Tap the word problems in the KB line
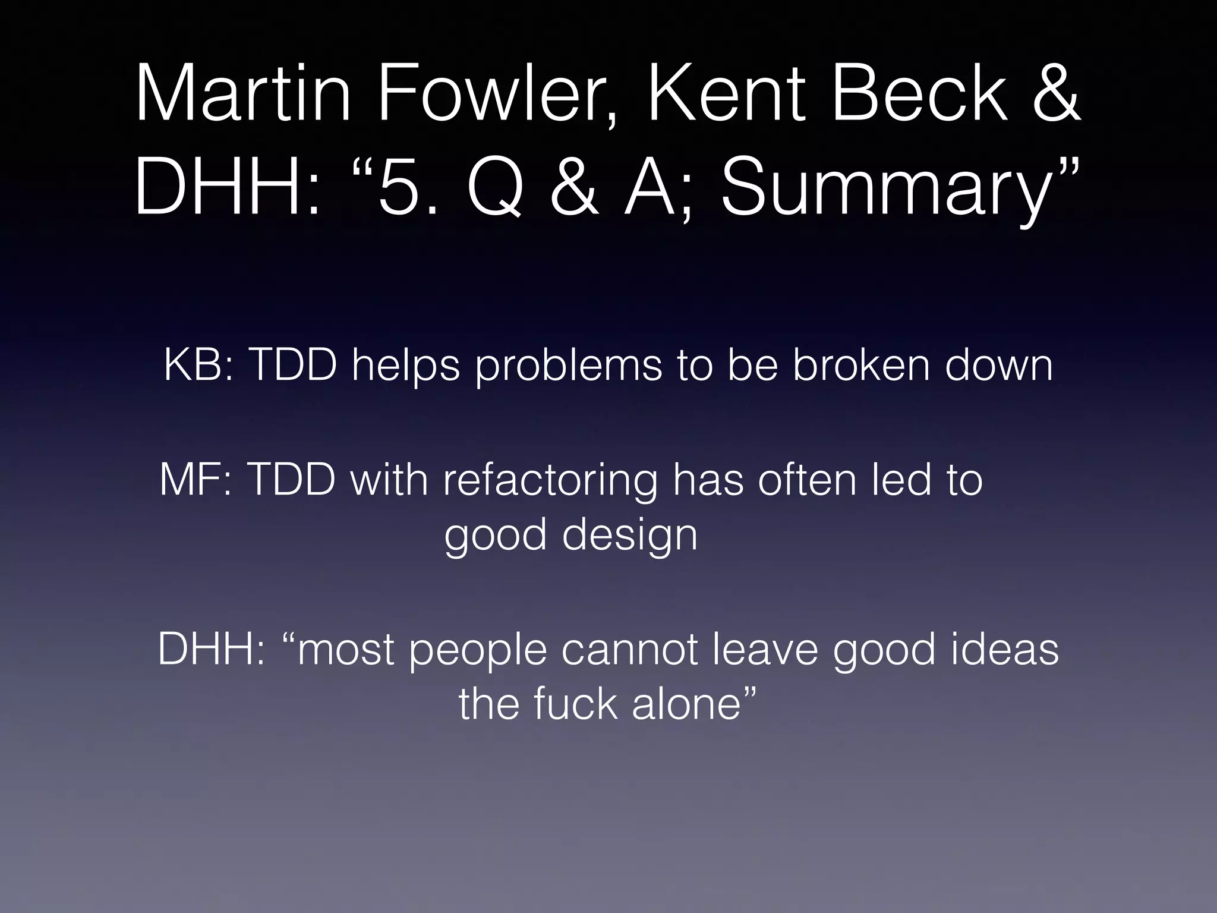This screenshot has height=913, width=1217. pos(568,366)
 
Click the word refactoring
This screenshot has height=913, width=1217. pos(550,480)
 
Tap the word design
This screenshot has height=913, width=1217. pos(629,535)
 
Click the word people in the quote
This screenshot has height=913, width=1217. pos(478,650)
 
